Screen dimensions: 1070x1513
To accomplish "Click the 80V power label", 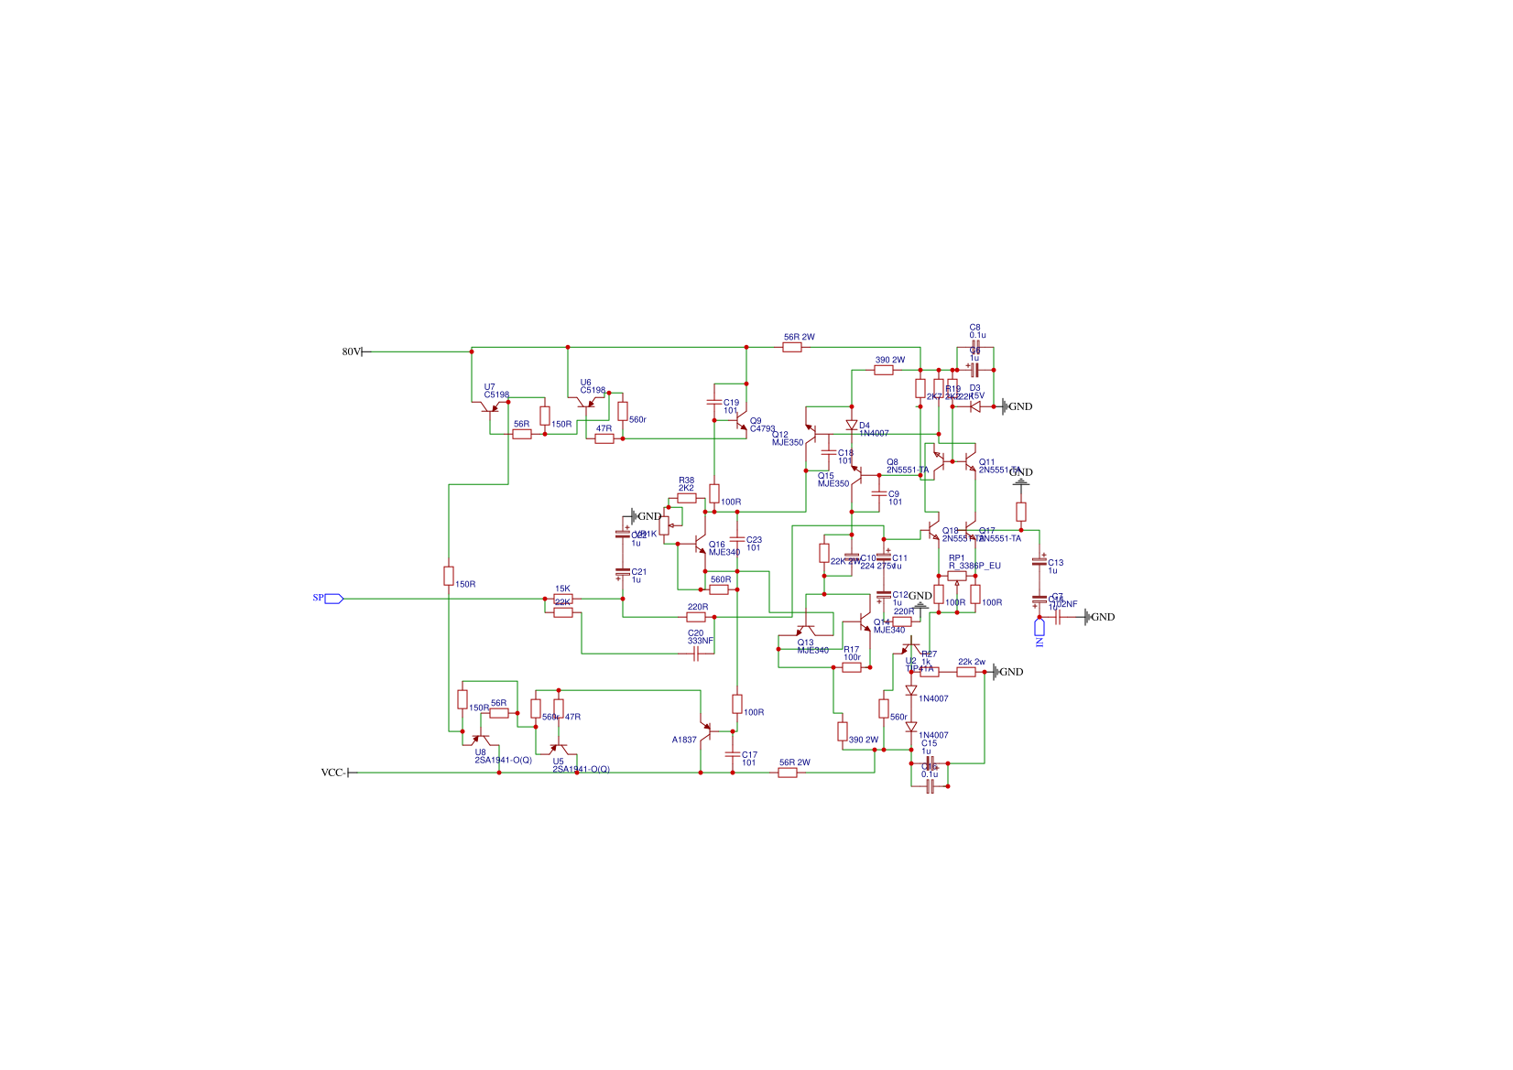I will [352, 351].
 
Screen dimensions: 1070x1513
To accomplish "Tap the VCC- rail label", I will [332, 773].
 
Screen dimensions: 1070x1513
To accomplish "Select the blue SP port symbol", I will [333, 599].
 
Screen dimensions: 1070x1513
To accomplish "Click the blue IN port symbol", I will [1040, 628].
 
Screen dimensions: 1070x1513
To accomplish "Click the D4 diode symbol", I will [852, 425].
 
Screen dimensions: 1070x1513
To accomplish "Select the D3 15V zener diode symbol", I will [975, 406].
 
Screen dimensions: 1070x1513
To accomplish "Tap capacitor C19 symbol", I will [714, 402].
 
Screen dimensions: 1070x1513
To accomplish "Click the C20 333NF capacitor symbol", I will [696, 654].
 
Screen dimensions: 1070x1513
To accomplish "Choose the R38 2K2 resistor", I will [687, 498].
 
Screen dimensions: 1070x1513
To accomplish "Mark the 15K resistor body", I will [563, 599].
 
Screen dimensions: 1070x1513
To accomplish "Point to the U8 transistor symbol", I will [480, 738].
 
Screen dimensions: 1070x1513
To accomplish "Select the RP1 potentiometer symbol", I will [957, 576].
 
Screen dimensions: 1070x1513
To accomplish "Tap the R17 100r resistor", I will [852, 667].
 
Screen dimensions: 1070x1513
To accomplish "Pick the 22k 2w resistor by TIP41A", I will [966, 672].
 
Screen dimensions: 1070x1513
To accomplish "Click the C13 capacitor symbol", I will [1040, 562].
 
